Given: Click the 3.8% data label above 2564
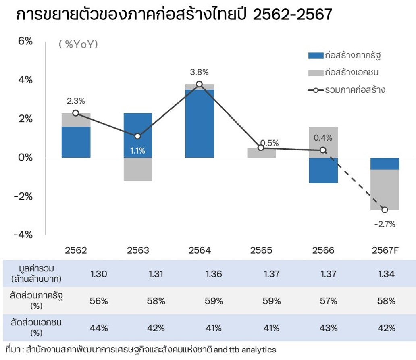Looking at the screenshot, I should click(x=200, y=73).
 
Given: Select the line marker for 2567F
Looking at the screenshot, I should click(x=385, y=210).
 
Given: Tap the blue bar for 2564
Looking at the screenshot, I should click(x=200, y=123).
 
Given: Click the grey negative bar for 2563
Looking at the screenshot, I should click(x=138, y=169).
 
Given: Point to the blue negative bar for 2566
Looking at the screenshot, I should click(x=323, y=171).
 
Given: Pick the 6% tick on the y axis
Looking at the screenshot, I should click(x=25, y=42).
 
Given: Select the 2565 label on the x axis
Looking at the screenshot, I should click(x=261, y=250).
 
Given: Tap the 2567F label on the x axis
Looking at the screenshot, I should click(x=385, y=250).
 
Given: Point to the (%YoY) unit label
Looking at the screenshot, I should click(x=79, y=45).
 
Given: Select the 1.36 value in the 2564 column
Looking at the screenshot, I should click(x=213, y=274).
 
